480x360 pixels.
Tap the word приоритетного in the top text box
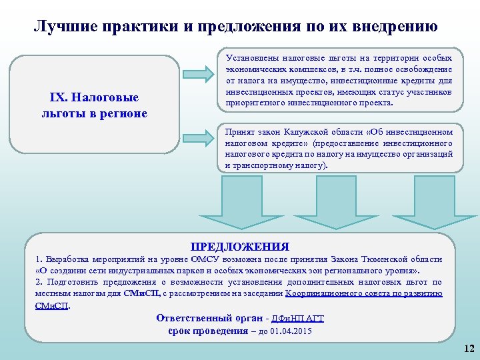[x=256, y=104]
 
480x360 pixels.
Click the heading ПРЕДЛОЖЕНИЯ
[x=240, y=246]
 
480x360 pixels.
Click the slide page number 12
[x=468, y=349]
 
